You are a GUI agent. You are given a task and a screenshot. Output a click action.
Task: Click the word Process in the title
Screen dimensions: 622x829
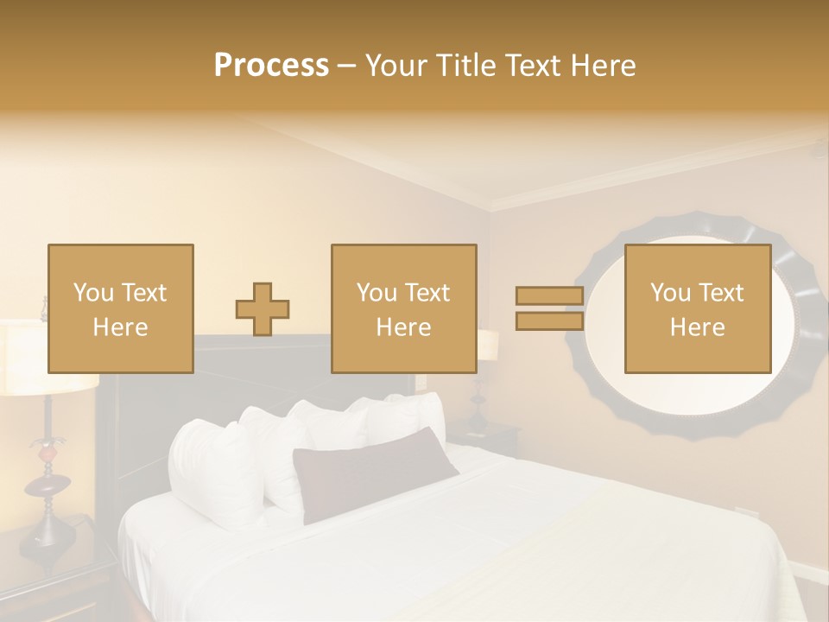tap(271, 66)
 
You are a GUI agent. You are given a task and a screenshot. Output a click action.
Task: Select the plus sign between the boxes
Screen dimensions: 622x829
tap(263, 309)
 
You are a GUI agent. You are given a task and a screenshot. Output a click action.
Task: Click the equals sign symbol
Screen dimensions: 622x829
tap(549, 309)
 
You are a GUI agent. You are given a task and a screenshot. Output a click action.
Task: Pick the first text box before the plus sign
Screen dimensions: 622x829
tap(120, 308)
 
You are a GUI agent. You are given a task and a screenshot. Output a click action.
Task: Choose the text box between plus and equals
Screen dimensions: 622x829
tap(403, 308)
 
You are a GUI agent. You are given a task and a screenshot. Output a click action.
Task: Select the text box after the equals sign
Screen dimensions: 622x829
tap(697, 308)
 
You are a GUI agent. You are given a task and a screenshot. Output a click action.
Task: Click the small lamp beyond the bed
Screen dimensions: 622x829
tap(487, 346)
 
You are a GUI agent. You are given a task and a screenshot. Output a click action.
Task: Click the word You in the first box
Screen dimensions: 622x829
tap(92, 293)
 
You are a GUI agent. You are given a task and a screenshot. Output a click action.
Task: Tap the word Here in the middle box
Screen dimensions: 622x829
tap(403, 327)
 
